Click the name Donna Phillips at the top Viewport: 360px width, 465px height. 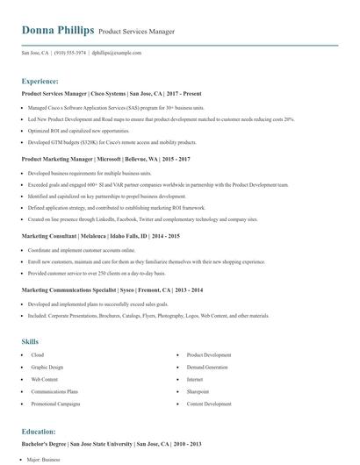pos(57,31)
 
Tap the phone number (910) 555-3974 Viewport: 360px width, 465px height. pos(68,53)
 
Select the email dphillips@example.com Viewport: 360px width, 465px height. pos(117,53)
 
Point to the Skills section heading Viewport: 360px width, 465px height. pos(31,341)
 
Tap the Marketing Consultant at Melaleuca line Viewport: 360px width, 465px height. pos(100,236)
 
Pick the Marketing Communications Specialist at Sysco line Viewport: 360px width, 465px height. pos(112,289)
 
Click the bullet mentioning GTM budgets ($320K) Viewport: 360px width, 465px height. pos(113,141)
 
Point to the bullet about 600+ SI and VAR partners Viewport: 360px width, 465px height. pos(158,186)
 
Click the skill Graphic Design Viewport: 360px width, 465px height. pos(47,368)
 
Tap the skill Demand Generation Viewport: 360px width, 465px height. pos(207,368)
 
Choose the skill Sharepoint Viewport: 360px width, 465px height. pos(198,391)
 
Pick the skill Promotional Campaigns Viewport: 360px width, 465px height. pos(54,404)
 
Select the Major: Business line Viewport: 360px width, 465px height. pos(48,460)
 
